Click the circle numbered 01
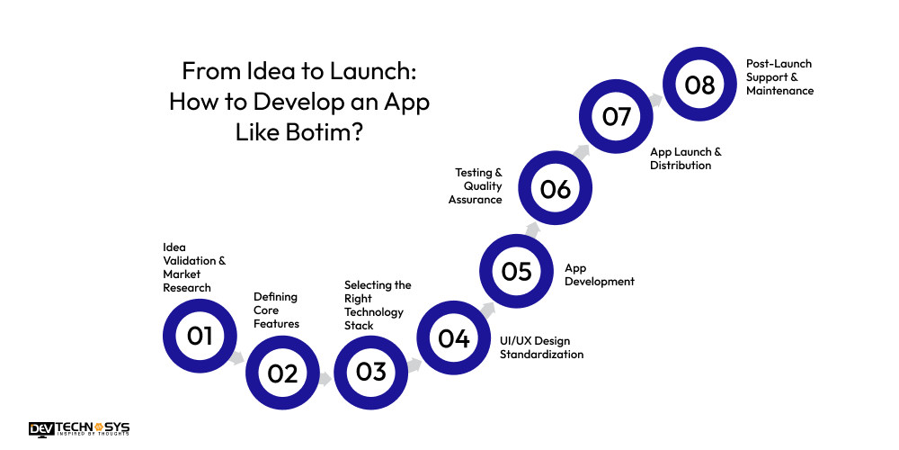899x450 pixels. pyautogui.click(x=200, y=336)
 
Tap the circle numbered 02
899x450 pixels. pyautogui.click(x=282, y=373)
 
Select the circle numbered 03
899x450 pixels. pyautogui.click(x=370, y=372)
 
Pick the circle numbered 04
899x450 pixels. pyautogui.click(x=454, y=338)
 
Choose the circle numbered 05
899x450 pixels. pyautogui.click(x=516, y=271)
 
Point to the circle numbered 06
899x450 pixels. pyautogui.click(x=556, y=189)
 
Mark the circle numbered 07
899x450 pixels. pyautogui.click(x=617, y=117)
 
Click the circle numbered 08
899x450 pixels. pyautogui.click(x=699, y=85)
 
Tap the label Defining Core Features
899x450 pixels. pyautogui.click(x=275, y=310)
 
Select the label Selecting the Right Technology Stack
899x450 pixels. pyautogui.click(x=377, y=304)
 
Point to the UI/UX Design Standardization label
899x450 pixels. pyautogui.click(x=541, y=347)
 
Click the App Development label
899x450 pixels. pyautogui.click(x=599, y=274)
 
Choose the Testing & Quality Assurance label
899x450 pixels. pyautogui.click(x=476, y=185)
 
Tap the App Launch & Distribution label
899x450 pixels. pyautogui.click(x=685, y=158)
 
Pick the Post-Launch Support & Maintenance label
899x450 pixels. pyautogui.click(x=779, y=77)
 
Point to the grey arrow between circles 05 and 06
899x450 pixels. pyautogui.click(x=533, y=230)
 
